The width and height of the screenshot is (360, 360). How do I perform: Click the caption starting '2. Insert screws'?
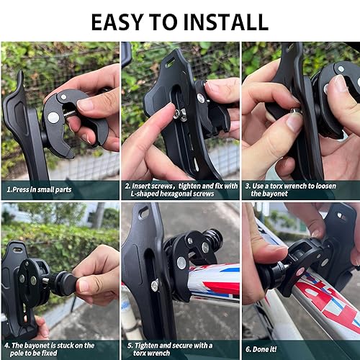tap(180, 189)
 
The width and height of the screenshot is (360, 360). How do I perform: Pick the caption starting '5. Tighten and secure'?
tap(176, 349)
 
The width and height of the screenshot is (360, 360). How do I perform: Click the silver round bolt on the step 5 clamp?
tap(181, 263)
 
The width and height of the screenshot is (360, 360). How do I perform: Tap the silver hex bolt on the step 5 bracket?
tap(154, 285)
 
